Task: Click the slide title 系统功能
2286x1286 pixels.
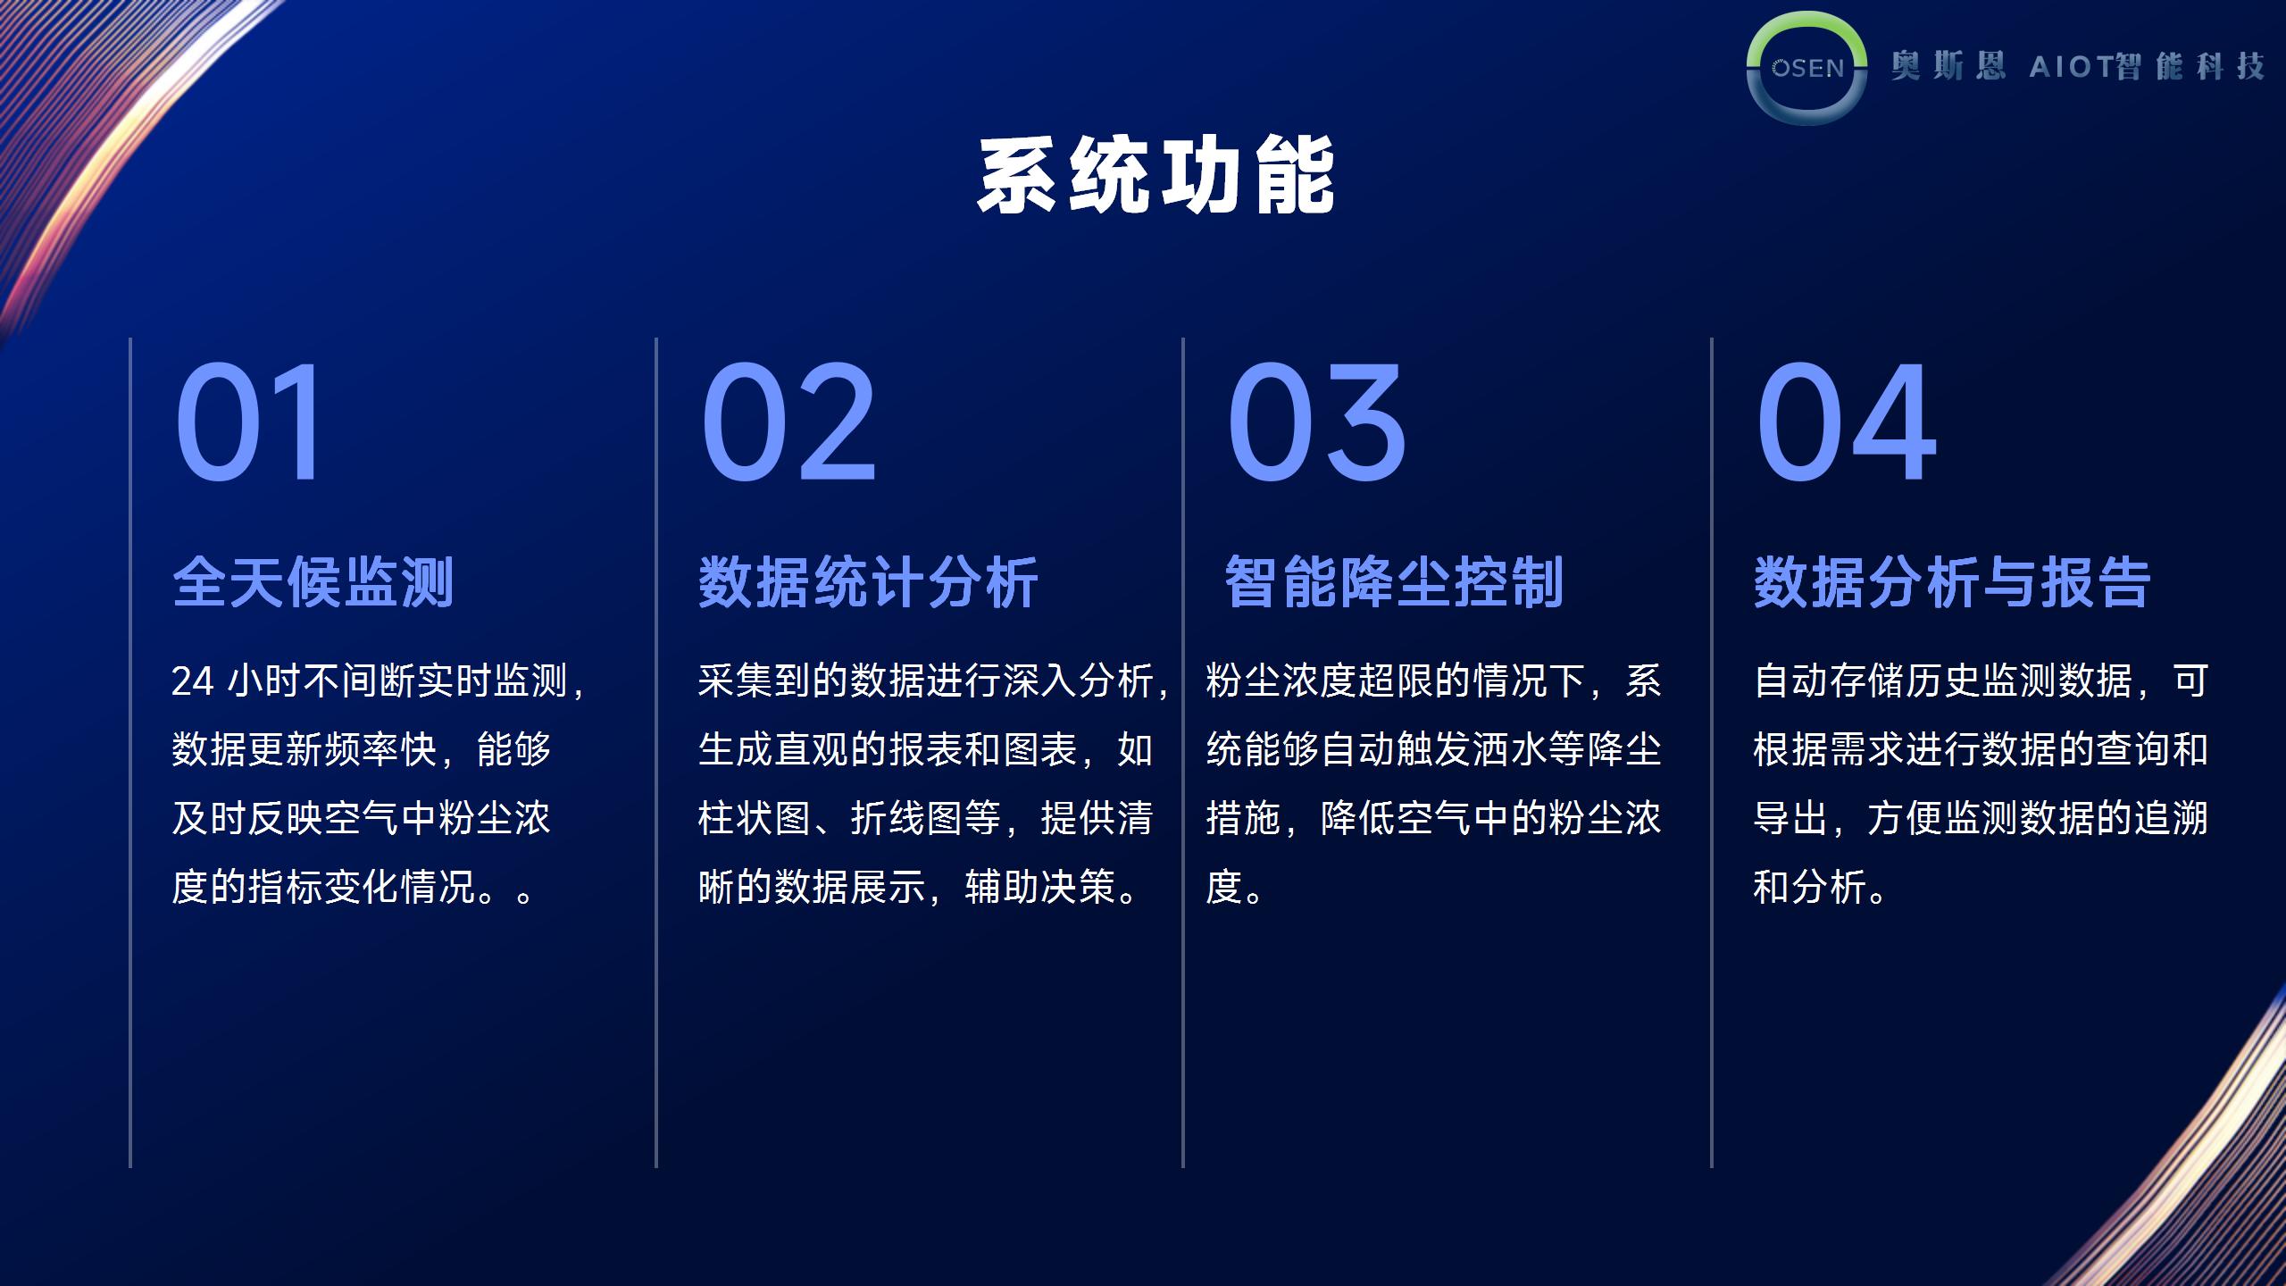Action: [1156, 175]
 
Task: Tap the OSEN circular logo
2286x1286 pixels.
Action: [1806, 68]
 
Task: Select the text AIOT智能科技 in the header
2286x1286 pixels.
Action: [2147, 66]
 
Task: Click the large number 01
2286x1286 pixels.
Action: [247, 422]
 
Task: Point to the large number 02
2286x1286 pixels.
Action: [788, 422]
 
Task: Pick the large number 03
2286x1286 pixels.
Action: [1316, 422]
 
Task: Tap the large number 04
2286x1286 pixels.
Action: [1846, 422]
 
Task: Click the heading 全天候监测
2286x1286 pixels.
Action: [313, 582]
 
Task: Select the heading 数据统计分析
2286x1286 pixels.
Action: [868, 582]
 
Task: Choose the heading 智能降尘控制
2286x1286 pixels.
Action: [1394, 582]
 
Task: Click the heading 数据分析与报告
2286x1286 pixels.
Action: [1952, 582]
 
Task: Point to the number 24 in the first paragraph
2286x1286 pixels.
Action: [193, 681]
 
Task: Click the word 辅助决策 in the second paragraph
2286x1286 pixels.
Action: [1039, 887]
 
